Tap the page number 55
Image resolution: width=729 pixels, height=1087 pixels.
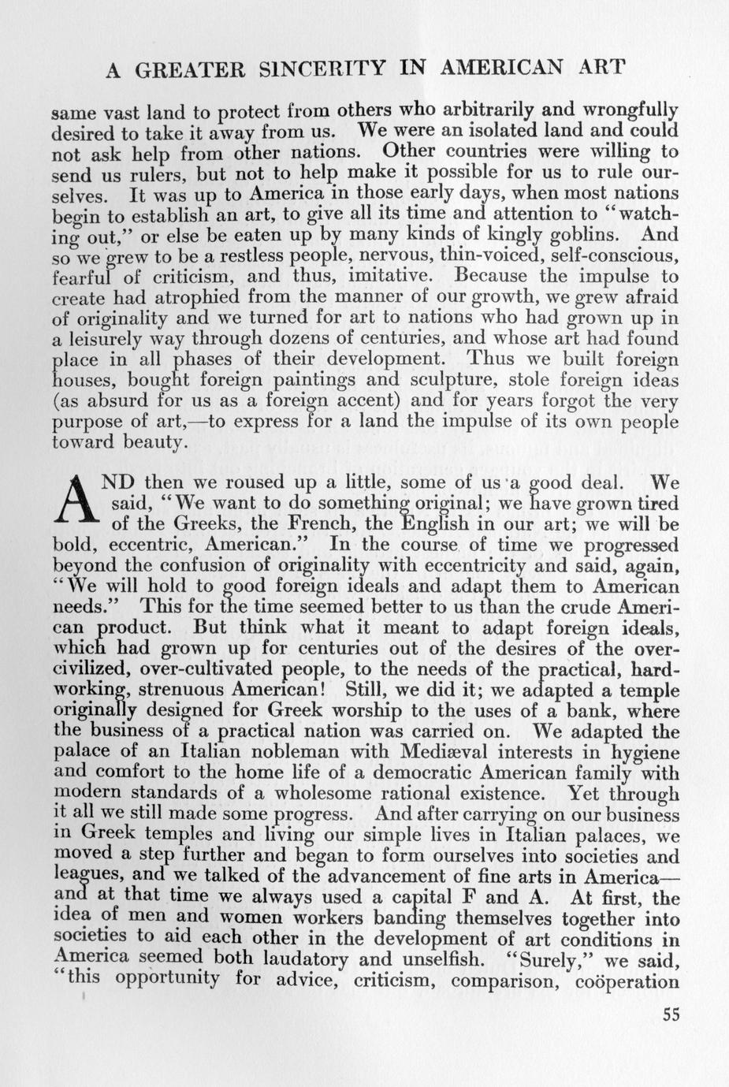(x=671, y=1014)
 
